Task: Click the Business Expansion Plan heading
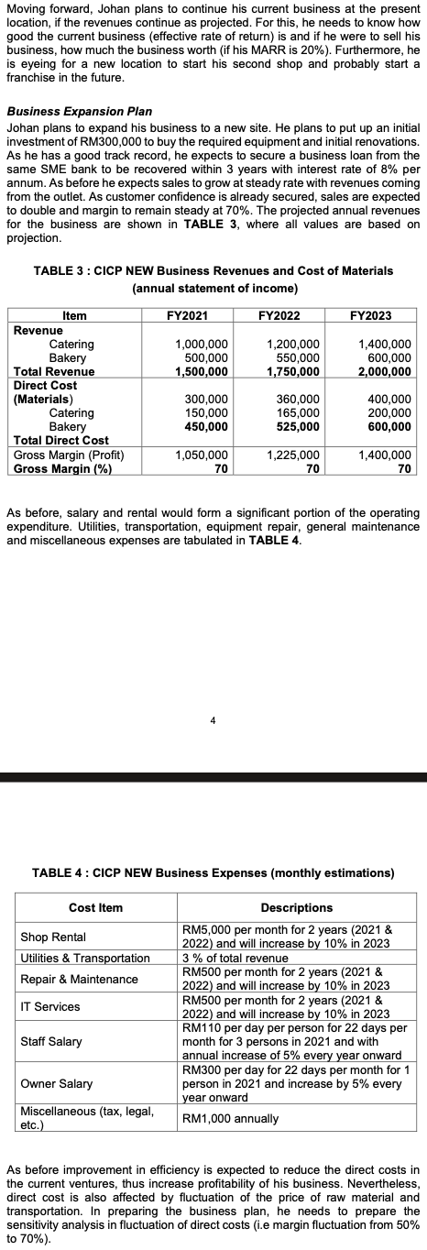(x=79, y=111)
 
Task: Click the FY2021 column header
(x=187, y=316)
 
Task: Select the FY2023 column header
(x=371, y=316)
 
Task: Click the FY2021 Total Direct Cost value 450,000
(x=207, y=426)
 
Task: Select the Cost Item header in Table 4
(x=96, y=907)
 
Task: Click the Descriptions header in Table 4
(x=297, y=907)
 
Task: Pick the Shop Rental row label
(x=53, y=937)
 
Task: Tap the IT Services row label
(x=49, y=1007)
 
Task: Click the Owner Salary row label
(x=57, y=1083)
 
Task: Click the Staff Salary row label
(x=51, y=1042)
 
